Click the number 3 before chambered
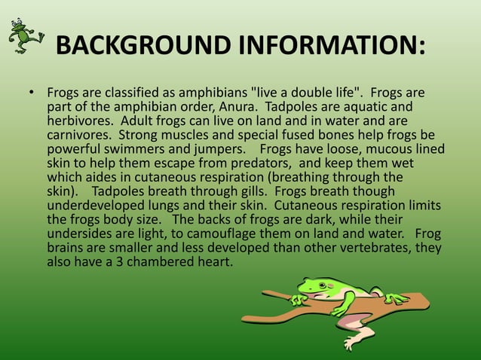[120, 262]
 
